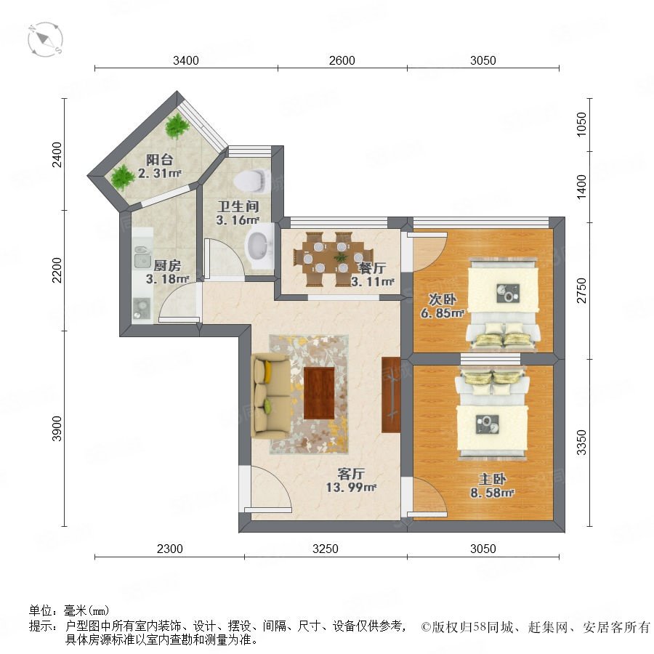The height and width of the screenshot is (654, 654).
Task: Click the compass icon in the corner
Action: pyautogui.click(x=45, y=40)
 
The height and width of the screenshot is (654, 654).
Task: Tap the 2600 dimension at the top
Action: pyautogui.click(x=342, y=60)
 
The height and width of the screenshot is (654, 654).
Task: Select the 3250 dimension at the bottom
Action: pyautogui.click(x=326, y=549)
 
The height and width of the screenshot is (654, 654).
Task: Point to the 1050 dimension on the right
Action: pyautogui.click(x=581, y=124)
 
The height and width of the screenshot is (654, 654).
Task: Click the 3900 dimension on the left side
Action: pyautogui.click(x=57, y=428)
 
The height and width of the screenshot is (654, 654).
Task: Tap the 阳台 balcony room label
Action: pyautogui.click(x=159, y=160)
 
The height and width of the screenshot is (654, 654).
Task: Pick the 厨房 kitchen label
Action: pyautogui.click(x=167, y=266)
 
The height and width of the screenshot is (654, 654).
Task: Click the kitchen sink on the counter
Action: pyautogui.click(x=142, y=257)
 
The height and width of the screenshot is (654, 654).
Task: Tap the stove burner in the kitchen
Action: pyautogui.click(x=142, y=308)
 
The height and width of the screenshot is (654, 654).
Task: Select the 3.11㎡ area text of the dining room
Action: pyautogui.click(x=373, y=281)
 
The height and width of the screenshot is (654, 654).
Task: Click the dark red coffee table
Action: pyautogui.click(x=319, y=393)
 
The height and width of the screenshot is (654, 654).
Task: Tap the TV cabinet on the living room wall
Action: pyautogui.click(x=391, y=395)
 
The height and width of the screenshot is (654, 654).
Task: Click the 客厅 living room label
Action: pyautogui.click(x=351, y=474)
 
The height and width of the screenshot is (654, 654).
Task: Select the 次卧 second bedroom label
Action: pyautogui.click(x=443, y=299)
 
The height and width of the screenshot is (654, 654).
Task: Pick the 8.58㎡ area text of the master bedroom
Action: pyautogui.click(x=492, y=493)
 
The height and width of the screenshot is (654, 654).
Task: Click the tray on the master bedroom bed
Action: pyautogui.click(x=487, y=425)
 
